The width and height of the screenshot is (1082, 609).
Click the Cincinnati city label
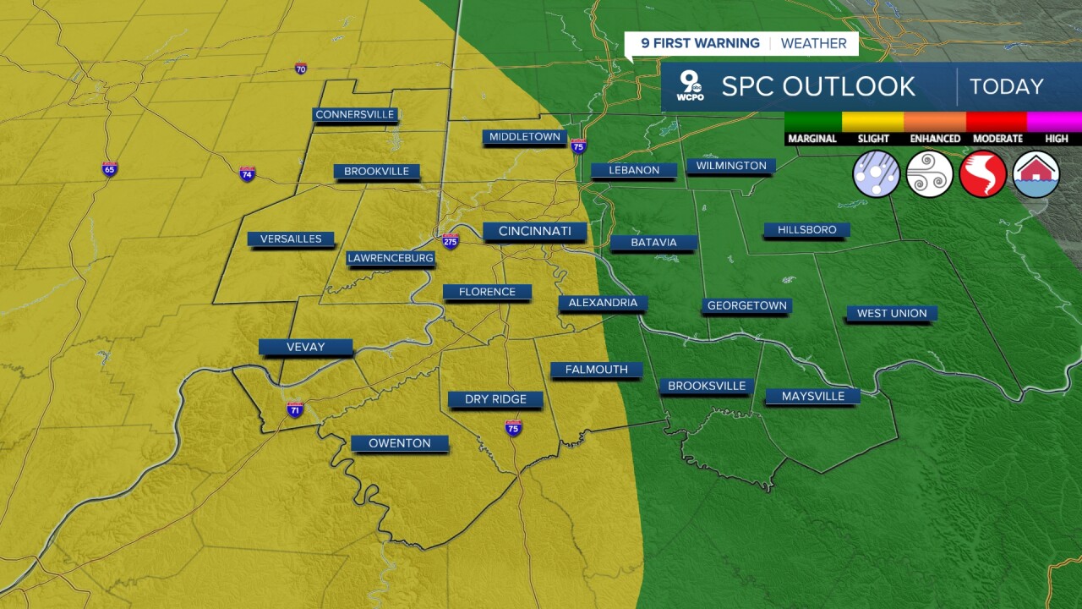tap(535, 231)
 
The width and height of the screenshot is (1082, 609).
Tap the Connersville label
tap(355, 114)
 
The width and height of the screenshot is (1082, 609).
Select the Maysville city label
tap(812, 396)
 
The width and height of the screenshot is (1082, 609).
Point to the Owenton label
tap(400, 443)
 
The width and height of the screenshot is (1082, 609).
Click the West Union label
tap(892, 313)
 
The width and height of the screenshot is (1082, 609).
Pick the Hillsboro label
tap(806, 229)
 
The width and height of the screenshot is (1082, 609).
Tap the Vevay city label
tap(305, 347)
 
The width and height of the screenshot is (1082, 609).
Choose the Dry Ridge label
tap(495, 399)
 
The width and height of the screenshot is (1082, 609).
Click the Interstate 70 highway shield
tap(301, 69)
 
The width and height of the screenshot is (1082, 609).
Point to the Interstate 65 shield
tap(110, 169)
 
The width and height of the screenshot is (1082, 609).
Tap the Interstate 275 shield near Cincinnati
tap(451, 240)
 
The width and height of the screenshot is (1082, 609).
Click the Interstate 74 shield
tap(247, 174)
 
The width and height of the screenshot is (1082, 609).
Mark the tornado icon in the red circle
tap(983, 174)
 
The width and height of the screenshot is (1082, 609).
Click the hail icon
tap(877, 174)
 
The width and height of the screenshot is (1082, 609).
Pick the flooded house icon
tap(1036, 174)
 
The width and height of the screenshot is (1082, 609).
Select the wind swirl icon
tap(930, 174)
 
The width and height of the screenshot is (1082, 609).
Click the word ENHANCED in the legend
tap(935, 139)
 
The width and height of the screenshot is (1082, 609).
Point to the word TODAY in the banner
tap(1006, 86)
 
